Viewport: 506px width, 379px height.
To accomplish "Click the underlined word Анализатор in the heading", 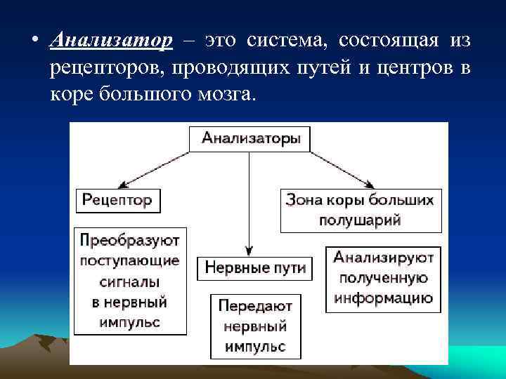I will (x=112, y=41).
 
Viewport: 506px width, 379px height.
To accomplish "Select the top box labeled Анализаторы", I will (x=250, y=138).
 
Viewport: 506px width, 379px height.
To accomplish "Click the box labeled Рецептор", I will (x=117, y=200).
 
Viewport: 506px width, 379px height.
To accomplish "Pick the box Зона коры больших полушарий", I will (x=361, y=209).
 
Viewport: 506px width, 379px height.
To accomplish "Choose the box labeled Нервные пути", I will (x=255, y=268).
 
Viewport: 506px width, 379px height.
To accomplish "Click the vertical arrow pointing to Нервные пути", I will (x=249, y=204).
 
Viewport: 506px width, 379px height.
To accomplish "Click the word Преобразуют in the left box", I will (x=129, y=240).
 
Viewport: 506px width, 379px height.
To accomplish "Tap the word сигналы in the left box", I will (x=129, y=281).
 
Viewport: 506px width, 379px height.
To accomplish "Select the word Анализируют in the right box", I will (x=384, y=258).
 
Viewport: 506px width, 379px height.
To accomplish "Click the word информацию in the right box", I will (x=384, y=298).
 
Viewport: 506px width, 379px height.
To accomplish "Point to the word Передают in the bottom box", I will (x=255, y=306).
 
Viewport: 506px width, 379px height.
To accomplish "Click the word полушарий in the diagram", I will (x=361, y=220).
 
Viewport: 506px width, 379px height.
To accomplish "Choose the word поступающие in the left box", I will (x=129, y=260).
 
